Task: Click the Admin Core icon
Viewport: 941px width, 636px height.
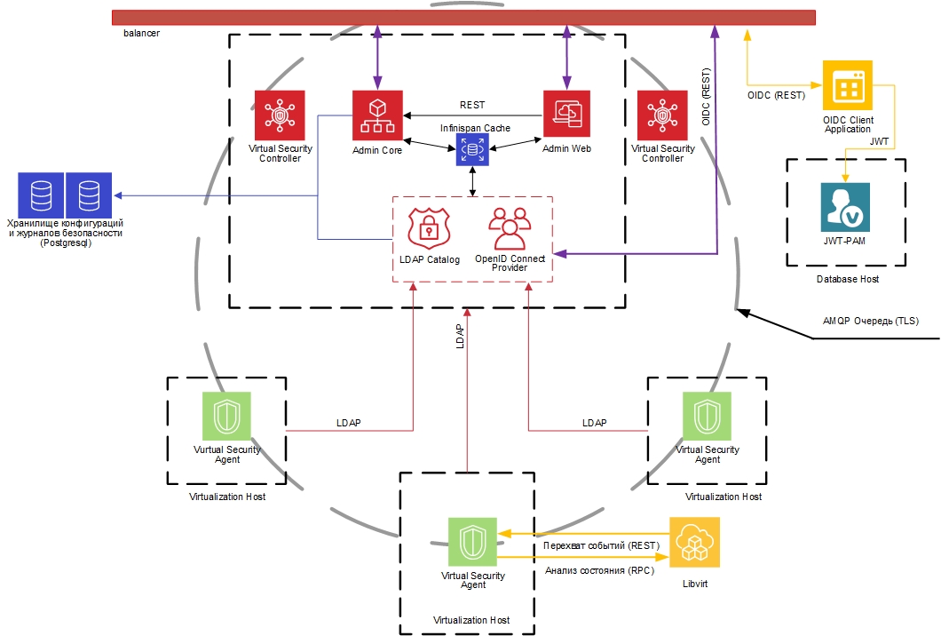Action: pos(377,115)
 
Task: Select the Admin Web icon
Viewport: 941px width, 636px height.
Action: pos(566,115)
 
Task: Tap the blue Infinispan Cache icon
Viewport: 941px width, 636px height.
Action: pos(472,150)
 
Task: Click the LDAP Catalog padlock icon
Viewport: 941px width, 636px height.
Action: pos(430,227)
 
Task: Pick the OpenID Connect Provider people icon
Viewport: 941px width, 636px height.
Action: pos(510,227)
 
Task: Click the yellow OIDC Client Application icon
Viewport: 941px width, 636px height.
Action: pos(848,85)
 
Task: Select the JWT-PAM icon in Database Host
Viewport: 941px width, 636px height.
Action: pos(845,207)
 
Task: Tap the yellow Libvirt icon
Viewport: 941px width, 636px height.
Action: pos(694,542)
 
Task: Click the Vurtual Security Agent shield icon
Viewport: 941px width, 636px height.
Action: pos(227,416)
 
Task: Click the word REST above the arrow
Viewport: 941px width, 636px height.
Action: pos(472,106)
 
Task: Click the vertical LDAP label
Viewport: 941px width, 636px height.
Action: pos(460,335)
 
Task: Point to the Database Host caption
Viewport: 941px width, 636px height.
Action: pos(848,280)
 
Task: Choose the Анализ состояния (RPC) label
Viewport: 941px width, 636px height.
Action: pos(599,571)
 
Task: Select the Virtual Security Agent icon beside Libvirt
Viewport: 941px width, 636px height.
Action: pos(473,542)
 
